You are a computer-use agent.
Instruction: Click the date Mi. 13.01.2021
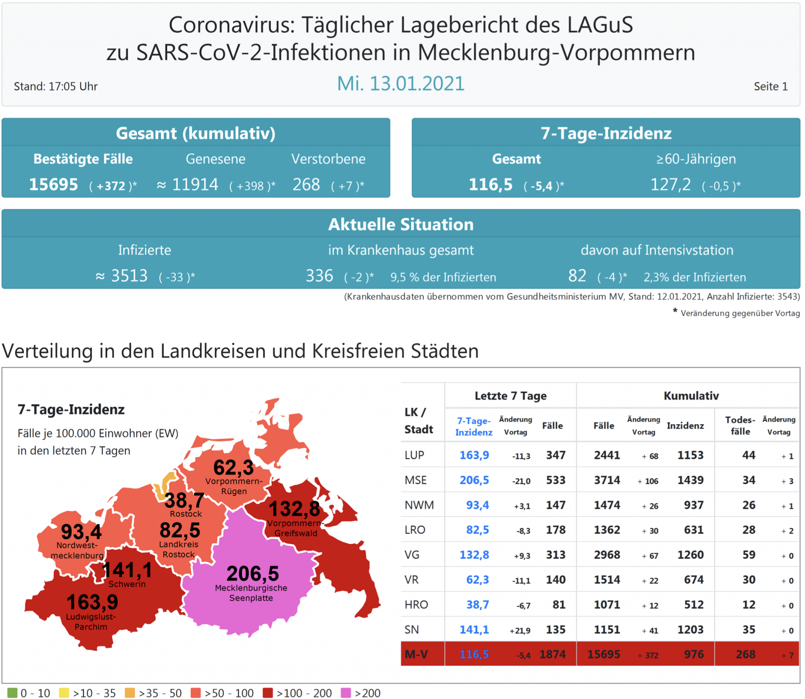tap(400, 83)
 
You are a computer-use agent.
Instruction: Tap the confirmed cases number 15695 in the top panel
tap(53, 185)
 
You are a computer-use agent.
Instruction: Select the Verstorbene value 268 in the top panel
tap(306, 185)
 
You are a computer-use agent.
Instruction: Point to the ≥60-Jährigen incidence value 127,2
tap(670, 185)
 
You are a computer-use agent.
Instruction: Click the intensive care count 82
tap(577, 276)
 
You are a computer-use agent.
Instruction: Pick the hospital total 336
tap(319, 276)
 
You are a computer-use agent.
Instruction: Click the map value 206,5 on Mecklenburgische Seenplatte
tap(252, 574)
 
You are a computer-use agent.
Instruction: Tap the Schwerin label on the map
tap(127, 584)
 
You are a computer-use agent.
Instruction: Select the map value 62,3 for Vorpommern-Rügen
tap(233, 467)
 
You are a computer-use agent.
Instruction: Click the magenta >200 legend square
tap(345, 693)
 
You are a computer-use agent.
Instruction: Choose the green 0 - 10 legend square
tap(12, 693)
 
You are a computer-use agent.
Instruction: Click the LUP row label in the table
tap(414, 455)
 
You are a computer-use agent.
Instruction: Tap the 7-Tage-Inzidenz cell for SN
tap(474, 629)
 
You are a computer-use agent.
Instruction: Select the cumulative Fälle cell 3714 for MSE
tap(607, 480)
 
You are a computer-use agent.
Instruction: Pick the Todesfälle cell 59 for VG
tap(748, 555)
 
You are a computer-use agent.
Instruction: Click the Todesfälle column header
tap(740, 425)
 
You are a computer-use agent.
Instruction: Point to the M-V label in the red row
tap(416, 654)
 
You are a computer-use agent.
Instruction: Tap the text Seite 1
tap(770, 86)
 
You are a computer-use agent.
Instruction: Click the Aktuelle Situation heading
tap(400, 224)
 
